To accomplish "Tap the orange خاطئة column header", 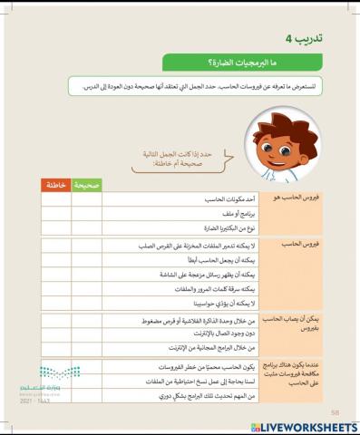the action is tap(56, 184).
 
